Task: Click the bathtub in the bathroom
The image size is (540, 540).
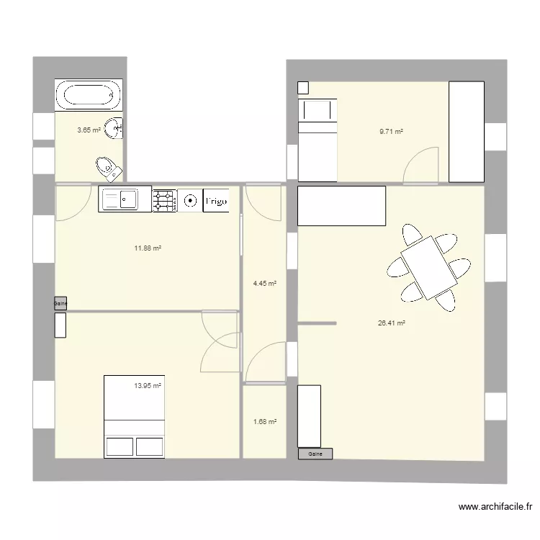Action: click(89, 95)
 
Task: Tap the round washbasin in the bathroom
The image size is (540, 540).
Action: click(114, 128)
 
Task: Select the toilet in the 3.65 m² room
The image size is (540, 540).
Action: click(107, 168)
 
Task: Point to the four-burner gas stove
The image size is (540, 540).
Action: click(164, 201)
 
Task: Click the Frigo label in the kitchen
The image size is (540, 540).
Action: click(217, 202)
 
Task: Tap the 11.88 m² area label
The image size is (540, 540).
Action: click(148, 248)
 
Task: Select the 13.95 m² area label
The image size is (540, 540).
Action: click(148, 386)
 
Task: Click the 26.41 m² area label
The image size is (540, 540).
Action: click(392, 324)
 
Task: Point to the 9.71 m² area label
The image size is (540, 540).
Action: click(391, 132)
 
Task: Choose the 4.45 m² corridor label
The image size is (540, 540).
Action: click(264, 284)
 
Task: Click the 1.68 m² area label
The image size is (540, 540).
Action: click(264, 422)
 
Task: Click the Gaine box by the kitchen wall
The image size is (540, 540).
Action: click(60, 304)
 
